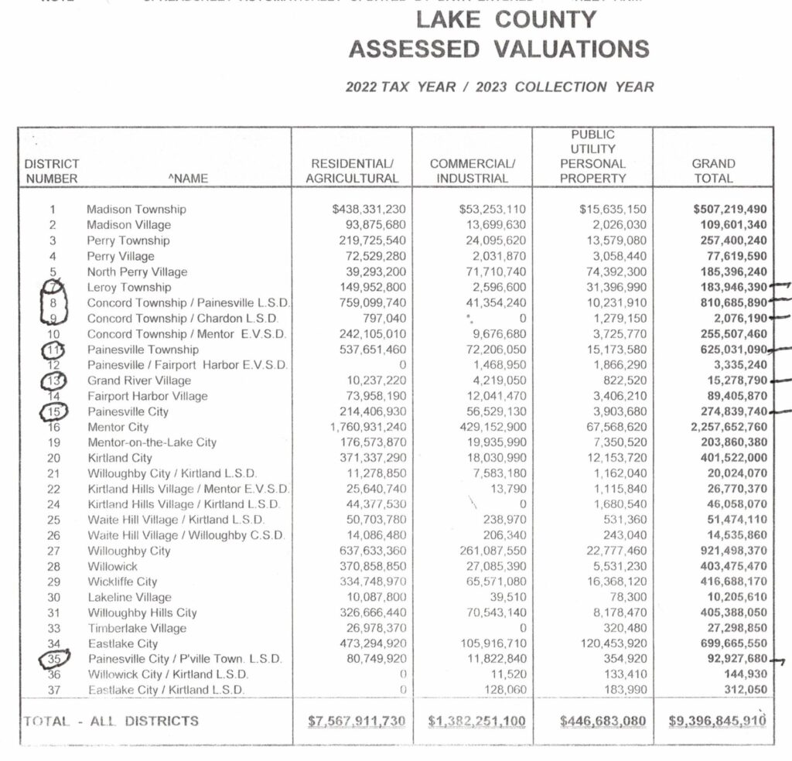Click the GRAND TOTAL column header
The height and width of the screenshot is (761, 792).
[713, 171]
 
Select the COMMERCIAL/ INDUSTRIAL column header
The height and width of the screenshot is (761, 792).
[472, 171]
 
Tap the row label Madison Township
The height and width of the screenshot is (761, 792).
[136, 210]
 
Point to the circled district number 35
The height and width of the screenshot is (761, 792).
[53, 659]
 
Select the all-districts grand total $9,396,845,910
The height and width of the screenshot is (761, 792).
[717, 722]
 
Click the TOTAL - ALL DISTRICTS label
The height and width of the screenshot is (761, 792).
[111, 721]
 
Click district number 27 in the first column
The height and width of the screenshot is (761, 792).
[53, 551]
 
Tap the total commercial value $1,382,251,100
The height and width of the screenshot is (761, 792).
[476, 722]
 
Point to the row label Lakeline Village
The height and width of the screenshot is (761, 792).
[128, 597]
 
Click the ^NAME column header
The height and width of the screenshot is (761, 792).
[188, 179]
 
